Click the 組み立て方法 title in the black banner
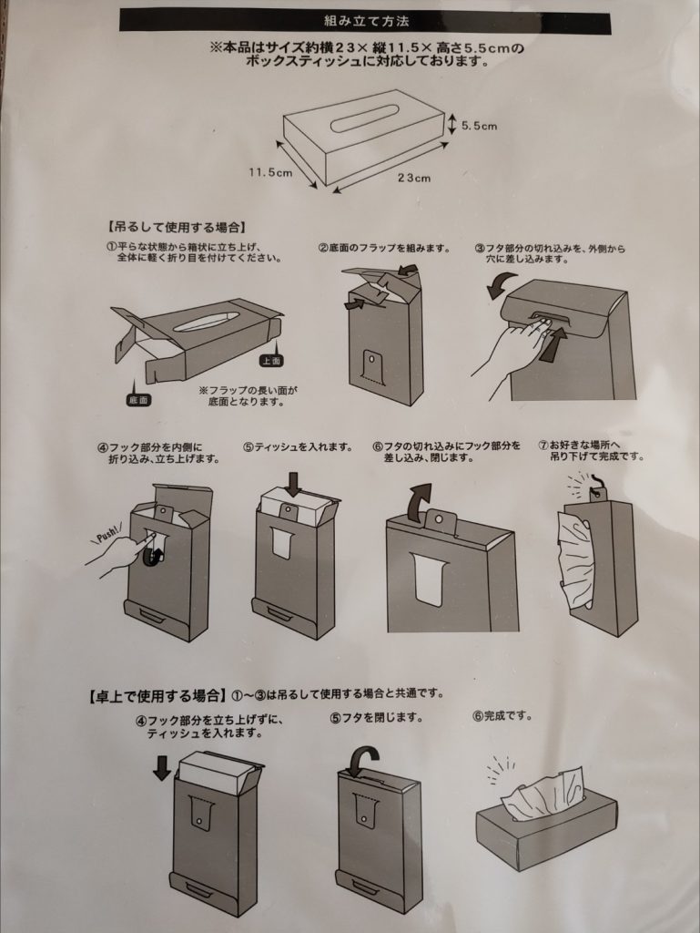pyautogui.click(x=366, y=22)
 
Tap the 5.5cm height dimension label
pyautogui.click(x=479, y=126)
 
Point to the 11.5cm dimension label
pyautogui.click(x=270, y=172)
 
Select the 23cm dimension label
pyautogui.click(x=414, y=178)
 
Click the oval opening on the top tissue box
pyautogui.click(x=365, y=118)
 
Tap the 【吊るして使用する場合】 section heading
pyautogui.click(x=177, y=227)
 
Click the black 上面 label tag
pyautogui.click(x=271, y=361)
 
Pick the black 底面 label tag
pyautogui.click(x=137, y=400)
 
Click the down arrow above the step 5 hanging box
pyautogui.click(x=293, y=483)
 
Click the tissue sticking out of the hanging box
pyautogui.click(x=574, y=559)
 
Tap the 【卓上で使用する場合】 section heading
pyautogui.click(x=157, y=694)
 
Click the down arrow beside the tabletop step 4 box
pyautogui.click(x=162, y=767)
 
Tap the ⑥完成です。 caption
pyautogui.click(x=502, y=716)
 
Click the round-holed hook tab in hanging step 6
pyautogui.click(x=439, y=519)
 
